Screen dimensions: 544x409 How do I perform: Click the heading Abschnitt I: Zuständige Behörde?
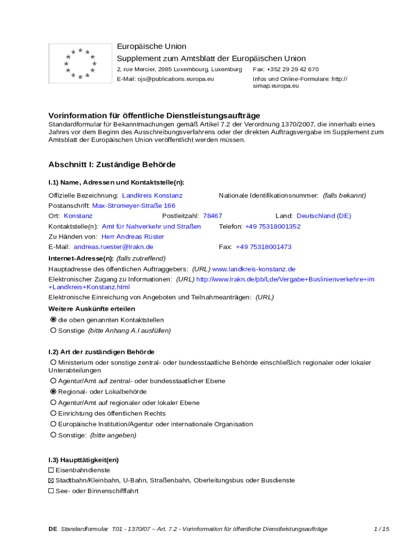[112, 165]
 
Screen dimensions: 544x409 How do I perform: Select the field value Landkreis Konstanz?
[152, 195]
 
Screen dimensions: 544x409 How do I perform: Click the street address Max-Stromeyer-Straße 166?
[134, 206]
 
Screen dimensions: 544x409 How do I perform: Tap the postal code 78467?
[212, 216]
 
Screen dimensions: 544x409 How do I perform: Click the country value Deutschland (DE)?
[323, 216]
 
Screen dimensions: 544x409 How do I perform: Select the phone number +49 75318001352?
[272, 226]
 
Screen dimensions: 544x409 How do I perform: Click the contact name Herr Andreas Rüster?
[133, 236]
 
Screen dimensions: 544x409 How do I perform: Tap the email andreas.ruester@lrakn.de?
[113, 247]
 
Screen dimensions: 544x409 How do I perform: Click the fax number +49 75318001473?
[263, 247]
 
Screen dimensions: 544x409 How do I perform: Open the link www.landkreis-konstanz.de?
[253, 269]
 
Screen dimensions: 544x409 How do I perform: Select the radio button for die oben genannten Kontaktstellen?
[53, 320]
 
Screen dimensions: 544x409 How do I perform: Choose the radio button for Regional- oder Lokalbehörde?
[53, 392]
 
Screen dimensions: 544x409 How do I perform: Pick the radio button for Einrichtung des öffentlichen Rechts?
[53, 413]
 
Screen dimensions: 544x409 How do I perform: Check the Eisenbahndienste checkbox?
[51, 470]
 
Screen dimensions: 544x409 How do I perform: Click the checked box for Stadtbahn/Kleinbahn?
[51, 480]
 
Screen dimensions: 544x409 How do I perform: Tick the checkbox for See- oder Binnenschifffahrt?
[51, 491]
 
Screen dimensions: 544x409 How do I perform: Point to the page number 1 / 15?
[381, 529]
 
